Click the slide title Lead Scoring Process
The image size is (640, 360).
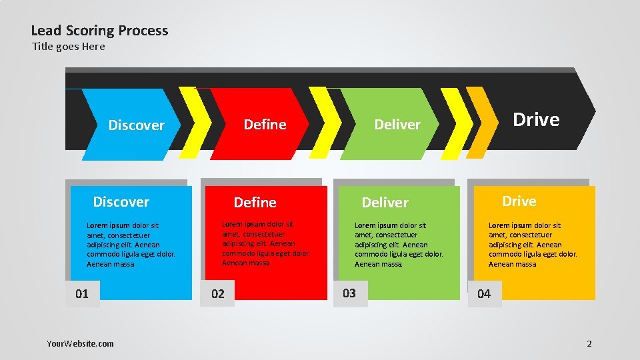[99, 31]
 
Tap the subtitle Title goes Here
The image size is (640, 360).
[69, 47]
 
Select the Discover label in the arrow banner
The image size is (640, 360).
[136, 125]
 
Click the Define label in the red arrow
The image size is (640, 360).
[265, 125]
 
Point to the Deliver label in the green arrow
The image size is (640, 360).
[397, 125]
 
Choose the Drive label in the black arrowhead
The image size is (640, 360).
[535, 119]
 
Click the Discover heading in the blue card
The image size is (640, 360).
[121, 202]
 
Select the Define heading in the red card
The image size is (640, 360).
[255, 203]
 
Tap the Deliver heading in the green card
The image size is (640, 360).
[385, 203]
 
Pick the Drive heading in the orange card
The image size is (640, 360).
[519, 201]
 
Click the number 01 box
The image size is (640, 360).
[82, 294]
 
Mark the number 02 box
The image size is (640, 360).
[218, 294]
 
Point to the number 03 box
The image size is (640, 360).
[349, 293]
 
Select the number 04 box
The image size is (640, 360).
[484, 294]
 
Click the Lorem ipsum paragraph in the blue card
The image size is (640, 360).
[131, 245]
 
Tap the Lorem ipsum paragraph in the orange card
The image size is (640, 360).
[533, 245]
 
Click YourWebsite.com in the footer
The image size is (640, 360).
[80, 343]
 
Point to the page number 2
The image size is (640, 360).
[589, 344]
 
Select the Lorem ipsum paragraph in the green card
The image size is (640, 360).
[399, 245]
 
